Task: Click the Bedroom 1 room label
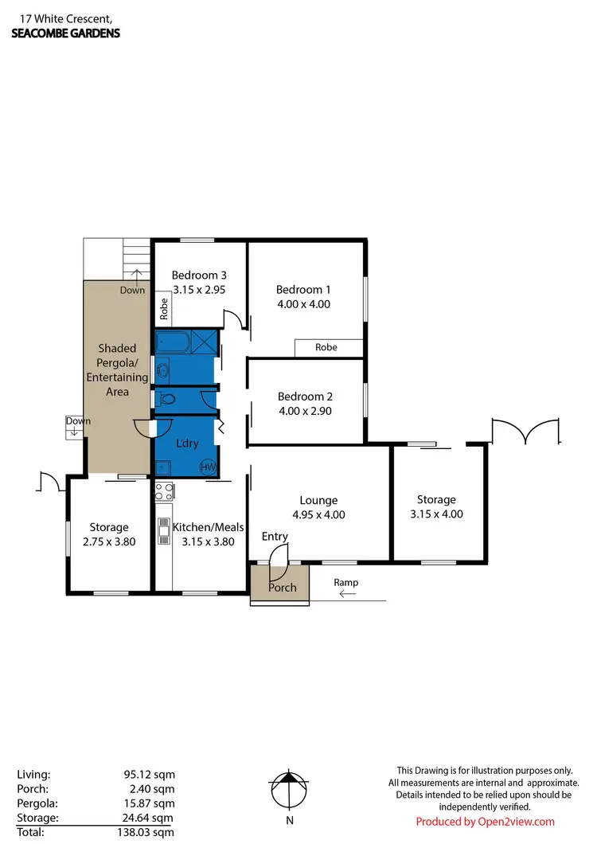pos(303,290)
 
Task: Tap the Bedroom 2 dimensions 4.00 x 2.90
pos(303,411)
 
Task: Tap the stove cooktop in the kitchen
pos(164,490)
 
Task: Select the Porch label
pos(282,588)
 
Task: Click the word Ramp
pos(346,583)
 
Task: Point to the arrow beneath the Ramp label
pos(347,594)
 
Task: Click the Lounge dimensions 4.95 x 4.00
pos(318,514)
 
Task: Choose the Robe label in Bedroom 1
pos(326,348)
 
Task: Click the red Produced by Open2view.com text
pos(486,822)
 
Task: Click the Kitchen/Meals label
pos(208,527)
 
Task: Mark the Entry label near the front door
pos(275,537)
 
